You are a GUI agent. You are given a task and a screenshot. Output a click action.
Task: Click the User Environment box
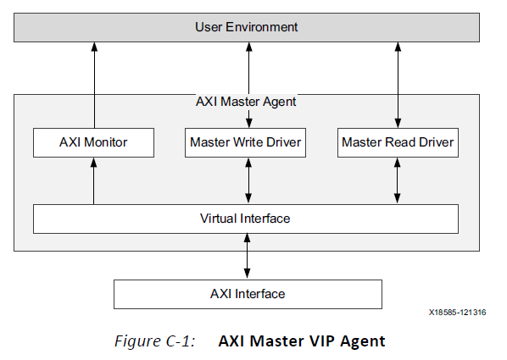246,27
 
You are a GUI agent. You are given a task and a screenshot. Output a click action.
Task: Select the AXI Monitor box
93,142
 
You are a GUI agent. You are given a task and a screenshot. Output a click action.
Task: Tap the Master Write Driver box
245,142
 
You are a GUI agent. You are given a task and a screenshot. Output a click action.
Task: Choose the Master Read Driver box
398,142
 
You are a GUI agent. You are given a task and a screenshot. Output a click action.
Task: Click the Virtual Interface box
245,219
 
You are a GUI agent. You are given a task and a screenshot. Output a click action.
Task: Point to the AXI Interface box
248,294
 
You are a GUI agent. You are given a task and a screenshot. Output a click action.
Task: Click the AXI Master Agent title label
245,102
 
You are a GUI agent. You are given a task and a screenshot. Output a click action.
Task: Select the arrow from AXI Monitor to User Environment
94,85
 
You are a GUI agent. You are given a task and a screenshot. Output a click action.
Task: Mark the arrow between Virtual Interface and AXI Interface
248,256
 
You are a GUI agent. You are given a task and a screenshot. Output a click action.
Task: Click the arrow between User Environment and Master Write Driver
248,85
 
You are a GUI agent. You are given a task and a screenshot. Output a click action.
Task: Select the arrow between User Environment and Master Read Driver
397,85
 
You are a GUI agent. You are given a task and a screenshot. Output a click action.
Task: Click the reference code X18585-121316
456,313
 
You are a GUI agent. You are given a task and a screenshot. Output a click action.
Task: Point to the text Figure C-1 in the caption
155,341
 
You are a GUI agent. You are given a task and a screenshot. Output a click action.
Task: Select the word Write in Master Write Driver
245,142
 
